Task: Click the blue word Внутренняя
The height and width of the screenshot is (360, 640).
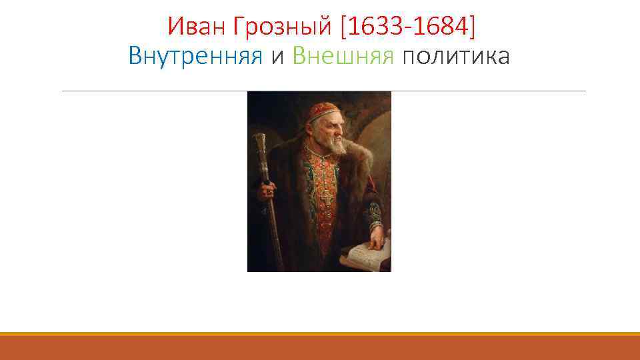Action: (x=195, y=57)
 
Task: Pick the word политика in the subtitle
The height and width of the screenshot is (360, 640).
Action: (x=456, y=57)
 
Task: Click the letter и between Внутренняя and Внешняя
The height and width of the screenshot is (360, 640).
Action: (x=278, y=57)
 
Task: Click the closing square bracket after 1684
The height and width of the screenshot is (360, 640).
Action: (x=474, y=27)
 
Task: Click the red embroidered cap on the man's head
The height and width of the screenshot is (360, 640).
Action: (x=323, y=111)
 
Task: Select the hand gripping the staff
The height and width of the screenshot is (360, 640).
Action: (x=267, y=190)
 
